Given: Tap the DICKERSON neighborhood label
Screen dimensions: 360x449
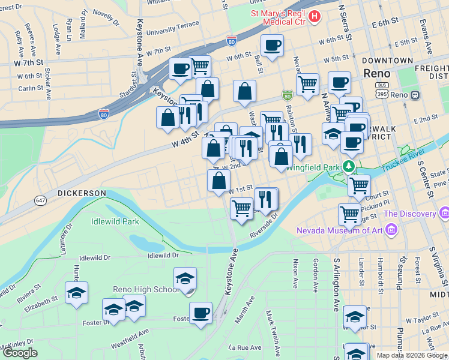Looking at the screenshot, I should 82,193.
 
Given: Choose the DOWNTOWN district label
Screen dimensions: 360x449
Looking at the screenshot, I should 387,61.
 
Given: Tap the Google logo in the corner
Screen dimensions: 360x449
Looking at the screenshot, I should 20,353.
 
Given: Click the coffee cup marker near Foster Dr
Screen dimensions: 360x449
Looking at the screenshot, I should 200,313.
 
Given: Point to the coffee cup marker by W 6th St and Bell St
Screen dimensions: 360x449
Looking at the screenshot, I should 272,46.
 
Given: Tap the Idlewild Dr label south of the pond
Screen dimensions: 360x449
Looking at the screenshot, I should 163,256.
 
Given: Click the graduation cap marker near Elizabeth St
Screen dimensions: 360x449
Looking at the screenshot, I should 76,293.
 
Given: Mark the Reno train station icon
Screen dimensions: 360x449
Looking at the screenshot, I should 414,95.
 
